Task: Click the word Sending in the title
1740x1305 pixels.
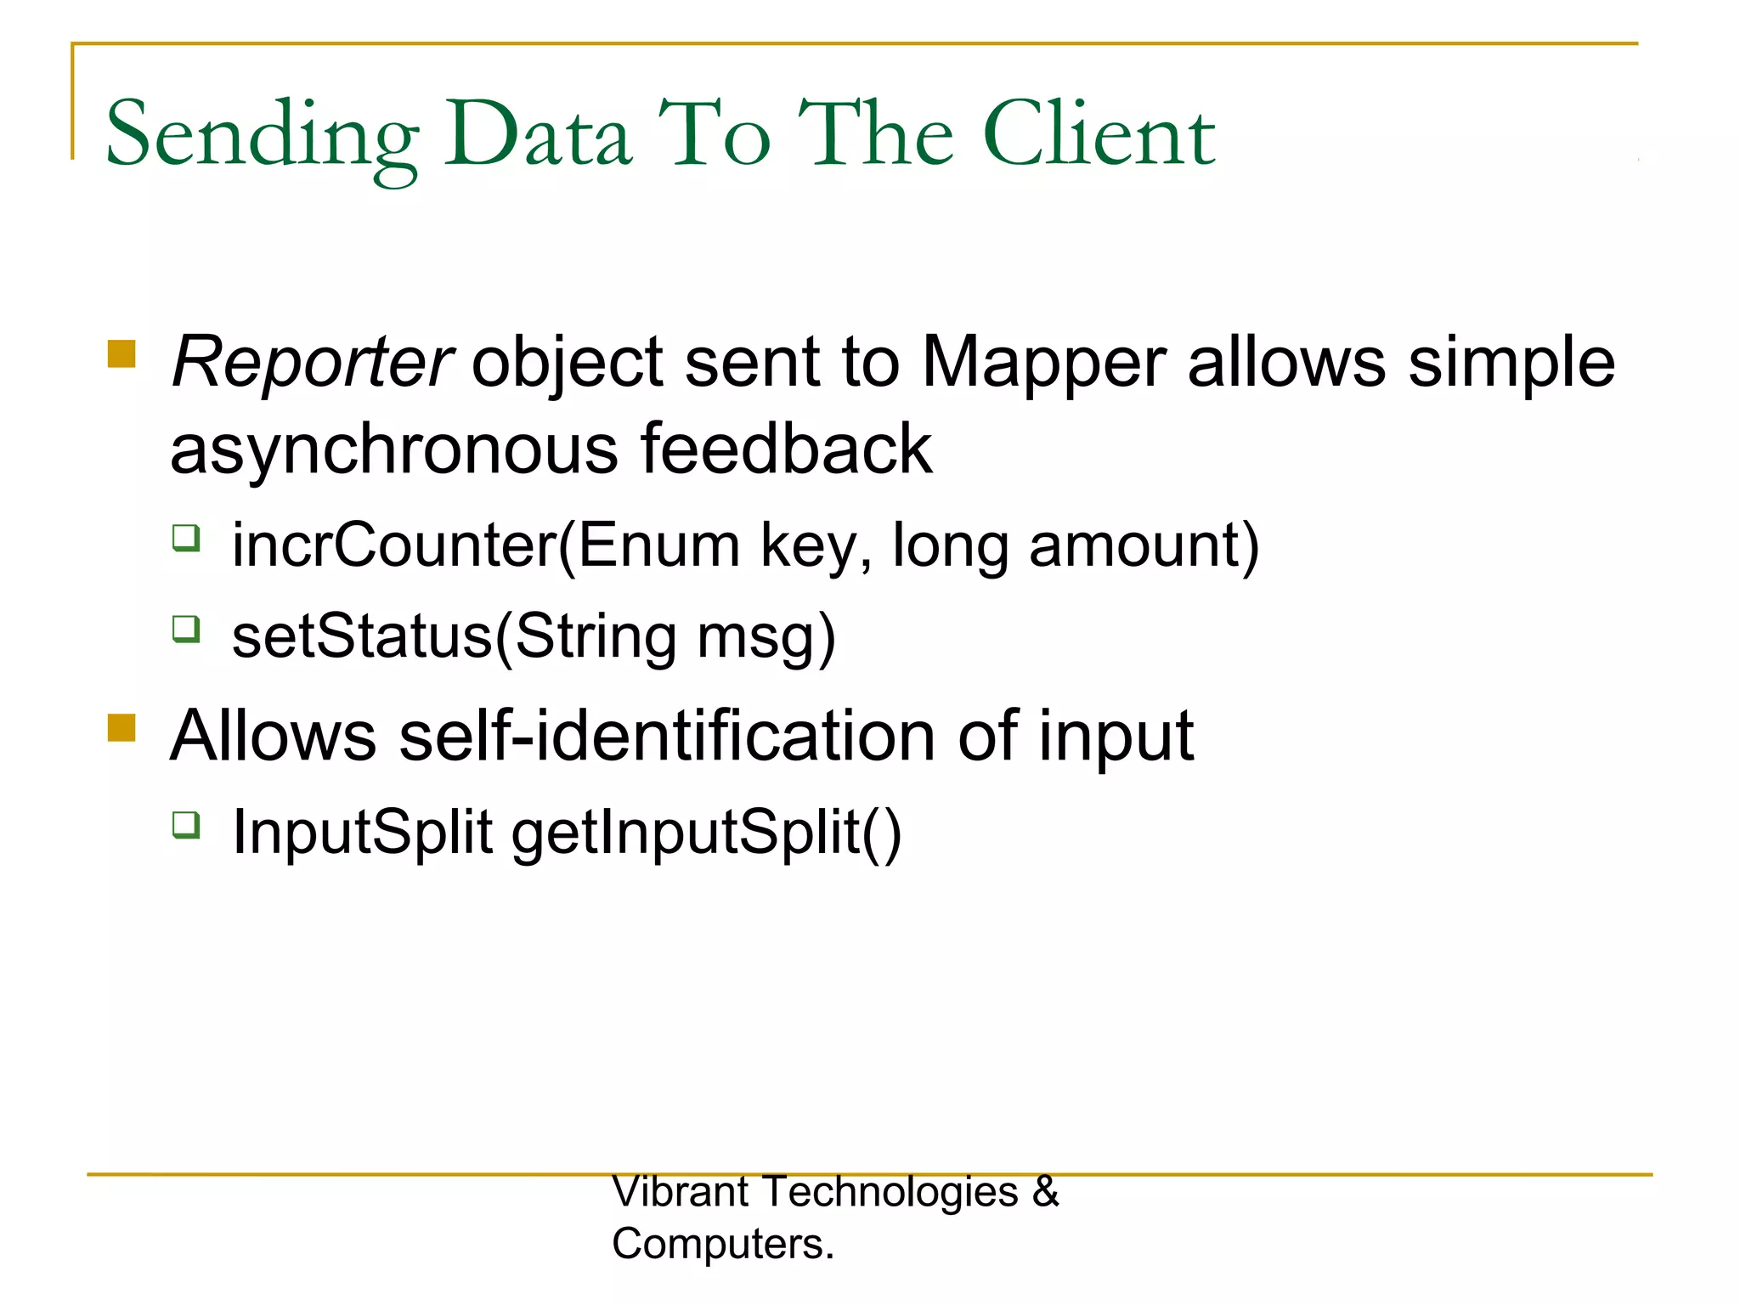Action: click(262, 136)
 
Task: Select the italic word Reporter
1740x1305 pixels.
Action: click(311, 362)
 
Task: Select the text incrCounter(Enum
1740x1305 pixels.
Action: click(486, 545)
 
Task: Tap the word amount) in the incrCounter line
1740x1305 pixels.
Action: click(1144, 545)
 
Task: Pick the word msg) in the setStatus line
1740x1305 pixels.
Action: click(766, 638)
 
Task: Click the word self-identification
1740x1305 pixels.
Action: click(667, 736)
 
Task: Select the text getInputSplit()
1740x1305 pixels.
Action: click(706, 832)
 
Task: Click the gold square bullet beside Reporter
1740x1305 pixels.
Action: click(122, 354)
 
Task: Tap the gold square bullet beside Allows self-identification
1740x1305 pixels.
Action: click(122, 728)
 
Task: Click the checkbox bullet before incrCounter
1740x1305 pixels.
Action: click(186, 538)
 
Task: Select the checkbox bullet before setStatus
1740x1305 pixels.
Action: click(186, 630)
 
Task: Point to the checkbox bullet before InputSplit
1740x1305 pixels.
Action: click(186, 825)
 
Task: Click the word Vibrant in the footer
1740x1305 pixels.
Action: click(680, 1191)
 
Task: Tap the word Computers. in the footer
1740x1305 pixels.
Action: click(723, 1244)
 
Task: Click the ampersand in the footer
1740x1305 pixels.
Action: click(1046, 1191)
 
